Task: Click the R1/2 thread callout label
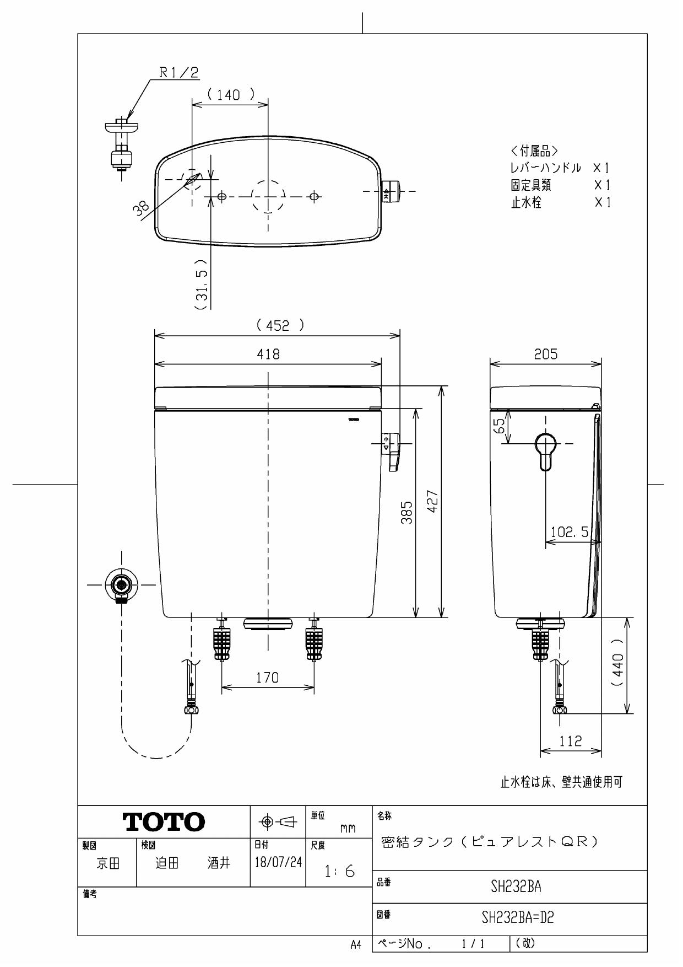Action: pos(179,72)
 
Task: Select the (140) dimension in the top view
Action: pos(230,95)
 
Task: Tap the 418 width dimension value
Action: pos(268,354)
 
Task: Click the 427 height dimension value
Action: pos(433,501)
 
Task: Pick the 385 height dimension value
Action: pos(406,512)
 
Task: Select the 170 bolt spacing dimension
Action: pos(267,678)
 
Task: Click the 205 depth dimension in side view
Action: pos(545,354)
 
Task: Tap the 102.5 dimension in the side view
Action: pos(570,532)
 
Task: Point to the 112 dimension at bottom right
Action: pos(570,741)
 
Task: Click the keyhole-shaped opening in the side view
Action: pos(545,450)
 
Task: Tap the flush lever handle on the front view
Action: pos(393,451)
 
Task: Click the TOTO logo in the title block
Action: pos(164,822)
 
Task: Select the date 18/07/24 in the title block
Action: pos(278,862)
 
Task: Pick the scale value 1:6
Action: pos(339,872)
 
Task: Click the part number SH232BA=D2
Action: pos(517,918)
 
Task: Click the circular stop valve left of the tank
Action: pos(121,584)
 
